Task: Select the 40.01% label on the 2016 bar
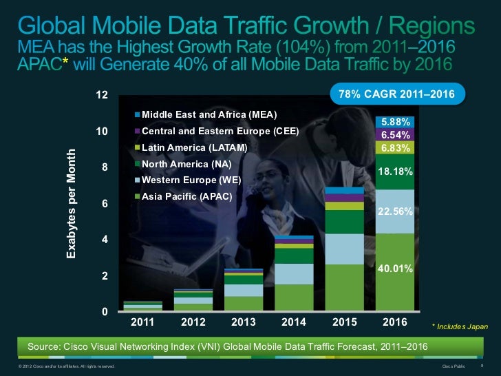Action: (394, 269)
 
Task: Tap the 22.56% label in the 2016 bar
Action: (394, 212)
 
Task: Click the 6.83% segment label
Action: (394, 148)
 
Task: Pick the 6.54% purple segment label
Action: (394, 135)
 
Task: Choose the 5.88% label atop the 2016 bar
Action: (394, 122)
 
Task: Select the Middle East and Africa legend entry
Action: (205, 114)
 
